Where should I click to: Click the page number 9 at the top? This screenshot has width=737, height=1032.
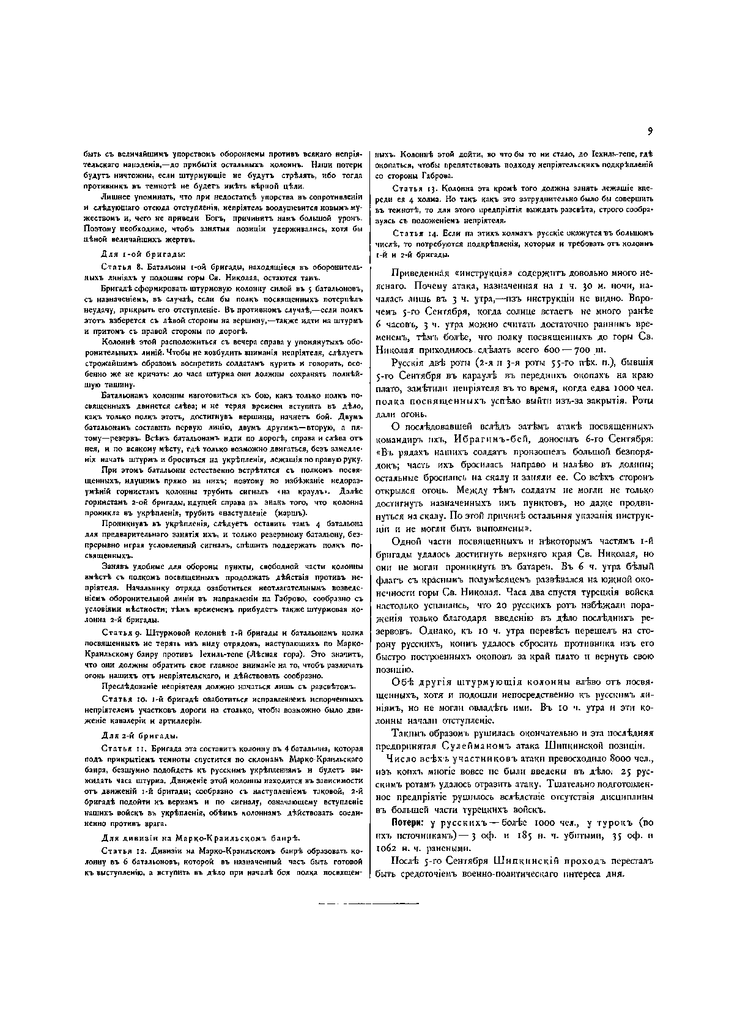[x=650, y=130]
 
